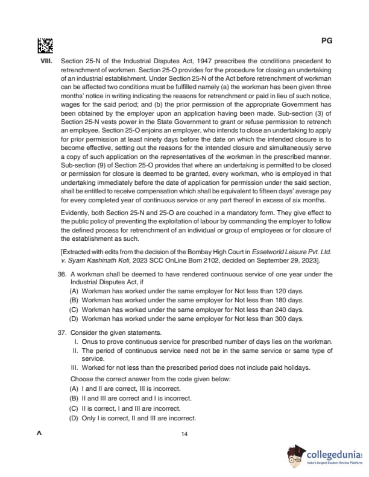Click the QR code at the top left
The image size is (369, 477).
click(45, 45)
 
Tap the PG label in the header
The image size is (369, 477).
click(327, 42)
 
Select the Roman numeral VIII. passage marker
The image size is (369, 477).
click(47, 61)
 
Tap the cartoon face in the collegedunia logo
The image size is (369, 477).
click(295, 456)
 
